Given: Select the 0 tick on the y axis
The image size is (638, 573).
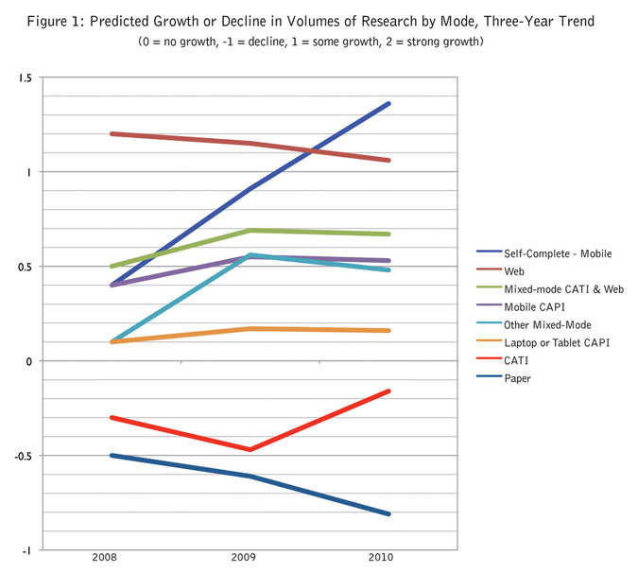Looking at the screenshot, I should coord(28,361).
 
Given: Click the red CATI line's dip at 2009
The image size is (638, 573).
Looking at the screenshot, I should coord(250,449).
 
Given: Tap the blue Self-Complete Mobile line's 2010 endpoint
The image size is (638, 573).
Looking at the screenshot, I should coord(388,104).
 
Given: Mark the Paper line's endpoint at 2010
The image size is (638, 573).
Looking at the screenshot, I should coord(388,513).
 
